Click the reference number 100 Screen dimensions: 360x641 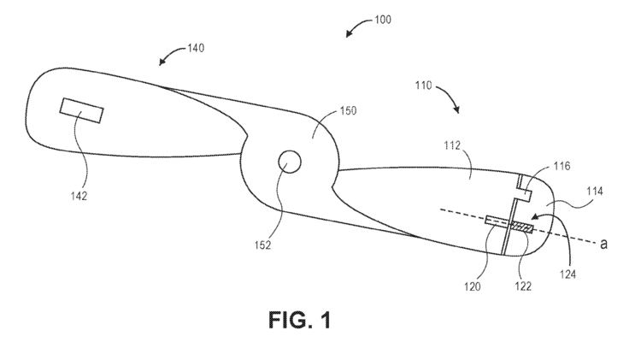click(383, 20)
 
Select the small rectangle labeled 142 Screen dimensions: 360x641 click(81, 109)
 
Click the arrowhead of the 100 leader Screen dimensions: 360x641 click(348, 34)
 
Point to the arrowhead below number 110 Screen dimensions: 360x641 click(460, 111)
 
